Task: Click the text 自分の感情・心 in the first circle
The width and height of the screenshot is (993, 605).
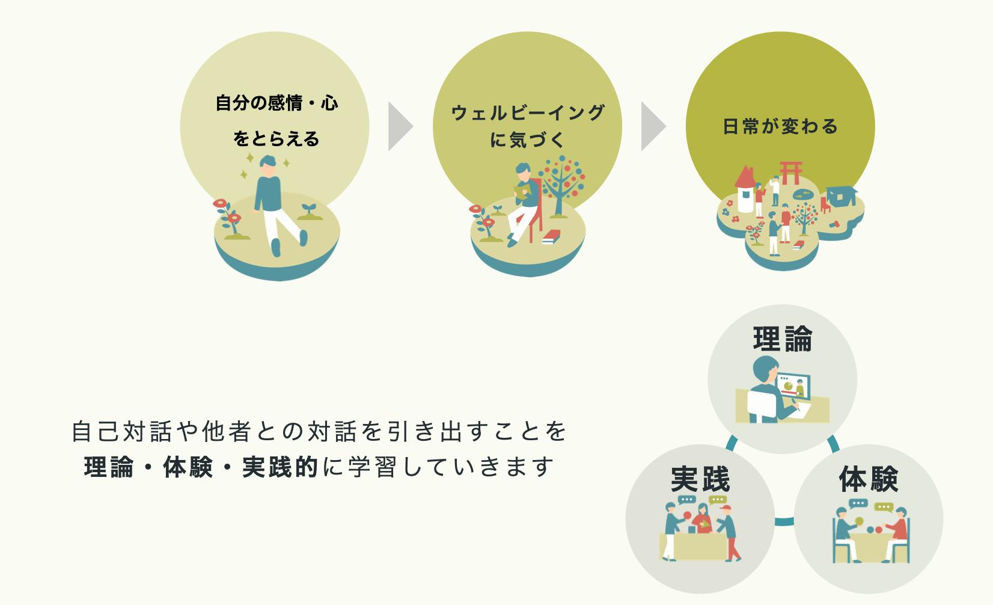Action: click(x=277, y=103)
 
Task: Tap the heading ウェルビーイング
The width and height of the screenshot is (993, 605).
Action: click(x=528, y=112)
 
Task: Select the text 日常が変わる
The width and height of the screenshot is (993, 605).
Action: click(x=780, y=126)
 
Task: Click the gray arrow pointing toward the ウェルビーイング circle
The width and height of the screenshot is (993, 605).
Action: click(x=400, y=126)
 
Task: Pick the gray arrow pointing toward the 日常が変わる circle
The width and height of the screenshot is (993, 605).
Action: click(x=653, y=126)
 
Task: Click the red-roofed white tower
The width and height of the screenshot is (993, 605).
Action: click(x=745, y=189)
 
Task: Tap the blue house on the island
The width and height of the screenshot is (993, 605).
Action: click(x=841, y=196)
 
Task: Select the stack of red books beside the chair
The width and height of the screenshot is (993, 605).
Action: click(x=551, y=238)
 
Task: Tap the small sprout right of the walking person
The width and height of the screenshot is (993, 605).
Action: click(x=310, y=212)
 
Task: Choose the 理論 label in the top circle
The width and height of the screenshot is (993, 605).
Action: click(x=783, y=339)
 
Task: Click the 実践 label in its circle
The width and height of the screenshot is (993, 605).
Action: click(x=700, y=479)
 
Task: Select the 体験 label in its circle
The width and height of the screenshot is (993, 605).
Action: click(x=869, y=479)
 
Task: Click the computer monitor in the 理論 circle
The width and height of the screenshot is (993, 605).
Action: click(x=793, y=386)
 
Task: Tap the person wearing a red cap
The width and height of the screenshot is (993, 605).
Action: click(x=728, y=533)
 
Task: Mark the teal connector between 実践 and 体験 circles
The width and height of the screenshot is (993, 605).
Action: click(x=784, y=521)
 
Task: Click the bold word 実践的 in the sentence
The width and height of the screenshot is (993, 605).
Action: click(x=280, y=467)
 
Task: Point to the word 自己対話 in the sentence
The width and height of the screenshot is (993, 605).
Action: click(x=121, y=432)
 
